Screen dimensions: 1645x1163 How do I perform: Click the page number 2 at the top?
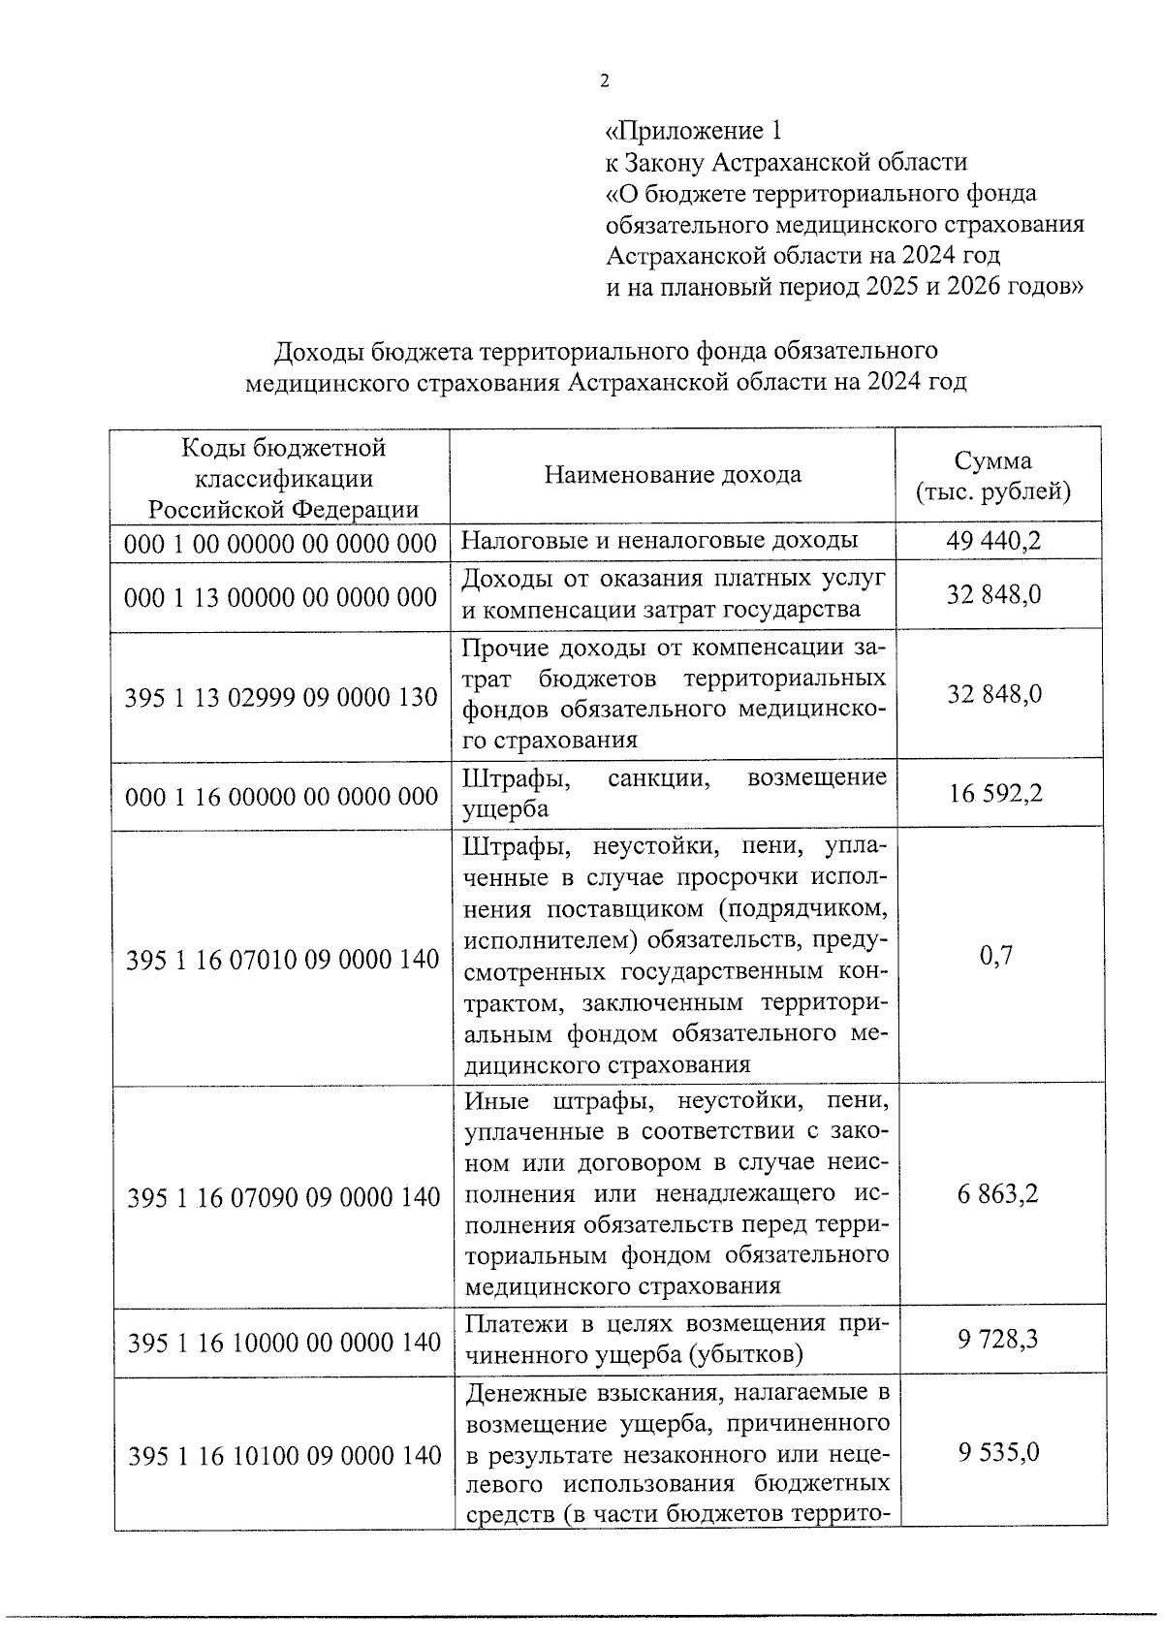pos(605,81)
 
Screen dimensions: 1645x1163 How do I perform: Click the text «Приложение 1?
pos(692,131)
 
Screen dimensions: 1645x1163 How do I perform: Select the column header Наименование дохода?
pos(673,475)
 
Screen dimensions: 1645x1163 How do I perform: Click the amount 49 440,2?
pos(994,541)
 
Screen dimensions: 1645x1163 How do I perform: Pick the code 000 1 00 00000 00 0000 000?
pos(280,544)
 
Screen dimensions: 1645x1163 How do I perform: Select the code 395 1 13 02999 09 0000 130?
pos(280,697)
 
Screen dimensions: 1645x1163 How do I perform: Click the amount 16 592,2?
pos(995,794)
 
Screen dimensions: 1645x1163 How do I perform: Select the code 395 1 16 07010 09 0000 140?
pos(283,960)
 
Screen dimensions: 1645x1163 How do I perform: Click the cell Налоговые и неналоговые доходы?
pos(660,541)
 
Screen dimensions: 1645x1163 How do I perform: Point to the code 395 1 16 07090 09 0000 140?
pos(284,1198)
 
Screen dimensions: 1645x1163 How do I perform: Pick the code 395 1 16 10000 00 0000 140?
pos(284,1343)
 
